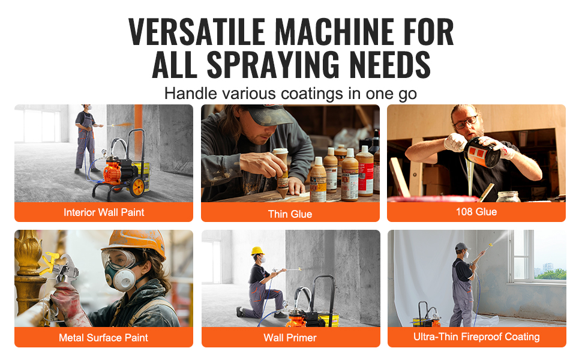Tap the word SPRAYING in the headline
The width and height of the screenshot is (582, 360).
[273, 64]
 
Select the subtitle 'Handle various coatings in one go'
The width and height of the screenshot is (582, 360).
[290, 94]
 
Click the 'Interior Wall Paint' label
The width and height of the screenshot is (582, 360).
[104, 212]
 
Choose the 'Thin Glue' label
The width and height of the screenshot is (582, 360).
[290, 214]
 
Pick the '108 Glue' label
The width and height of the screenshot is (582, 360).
[476, 212]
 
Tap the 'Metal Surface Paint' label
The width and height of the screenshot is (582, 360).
[104, 337]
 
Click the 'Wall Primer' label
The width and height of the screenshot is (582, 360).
[290, 337]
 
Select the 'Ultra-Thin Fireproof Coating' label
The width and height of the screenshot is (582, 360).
[476, 337]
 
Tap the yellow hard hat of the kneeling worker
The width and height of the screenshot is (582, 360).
[257, 251]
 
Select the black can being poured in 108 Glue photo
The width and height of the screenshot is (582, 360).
[483, 152]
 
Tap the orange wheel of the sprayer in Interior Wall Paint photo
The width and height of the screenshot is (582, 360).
[137, 187]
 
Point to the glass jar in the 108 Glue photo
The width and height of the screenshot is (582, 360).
[508, 197]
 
